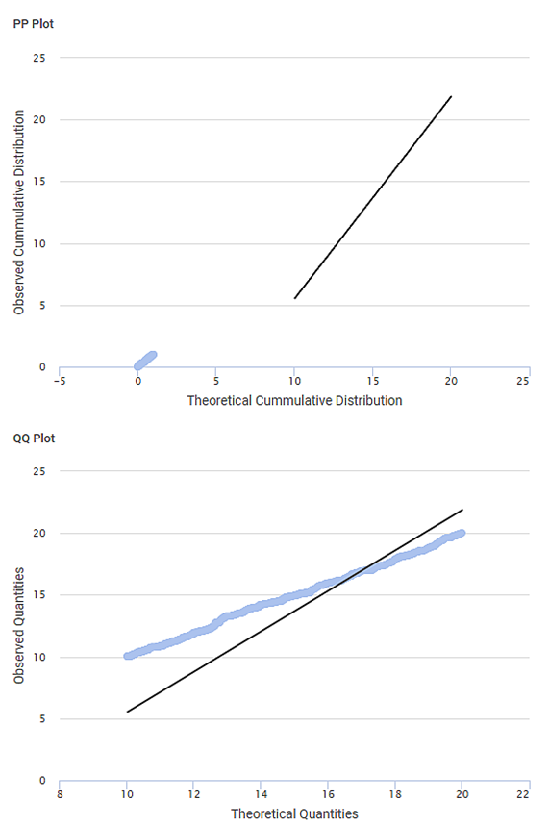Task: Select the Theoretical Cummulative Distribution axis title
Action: (x=294, y=400)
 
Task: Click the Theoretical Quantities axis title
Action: (x=294, y=813)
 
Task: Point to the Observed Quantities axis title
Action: (x=19, y=626)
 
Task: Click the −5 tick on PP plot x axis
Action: (x=60, y=381)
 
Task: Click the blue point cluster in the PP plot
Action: (x=145, y=361)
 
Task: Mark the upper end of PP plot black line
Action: (x=451, y=96)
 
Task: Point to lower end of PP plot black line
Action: (x=294, y=298)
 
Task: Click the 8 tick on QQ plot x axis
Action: (x=60, y=794)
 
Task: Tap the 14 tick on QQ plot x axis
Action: (x=261, y=794)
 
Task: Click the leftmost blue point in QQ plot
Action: (x=128, y=656)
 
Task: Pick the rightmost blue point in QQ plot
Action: (x=462, y=533)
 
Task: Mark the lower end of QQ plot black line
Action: (x=127, y=712)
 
